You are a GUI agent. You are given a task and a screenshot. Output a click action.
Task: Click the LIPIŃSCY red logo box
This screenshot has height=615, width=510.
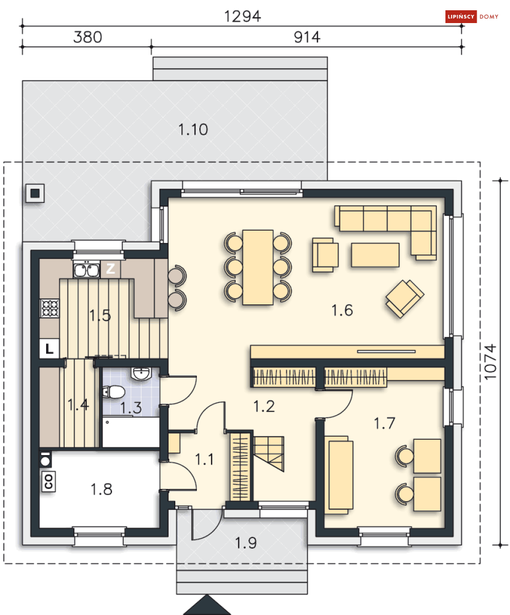[460, 16]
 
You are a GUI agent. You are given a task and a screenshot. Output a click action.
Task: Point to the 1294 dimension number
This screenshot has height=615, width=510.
[242, 16]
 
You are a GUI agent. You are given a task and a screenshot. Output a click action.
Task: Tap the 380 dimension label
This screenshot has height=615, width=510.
[88, 37]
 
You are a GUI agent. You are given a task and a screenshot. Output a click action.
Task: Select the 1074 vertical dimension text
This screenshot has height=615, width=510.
[490, 362]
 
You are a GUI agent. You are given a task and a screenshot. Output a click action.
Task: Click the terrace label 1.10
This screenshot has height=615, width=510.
[193, 130]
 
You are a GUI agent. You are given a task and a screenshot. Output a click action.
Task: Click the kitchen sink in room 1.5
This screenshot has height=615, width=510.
[86, 269]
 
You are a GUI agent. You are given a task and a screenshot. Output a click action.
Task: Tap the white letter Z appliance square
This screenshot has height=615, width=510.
[110, 269]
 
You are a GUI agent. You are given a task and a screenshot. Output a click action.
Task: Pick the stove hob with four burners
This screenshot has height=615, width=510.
[50, 308]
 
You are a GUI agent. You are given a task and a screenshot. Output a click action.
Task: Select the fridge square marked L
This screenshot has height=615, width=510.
[49, 348]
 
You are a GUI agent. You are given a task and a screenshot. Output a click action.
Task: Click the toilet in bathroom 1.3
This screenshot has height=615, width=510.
[114, 392]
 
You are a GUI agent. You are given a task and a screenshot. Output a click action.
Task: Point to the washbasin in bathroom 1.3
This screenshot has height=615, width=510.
[141, 374]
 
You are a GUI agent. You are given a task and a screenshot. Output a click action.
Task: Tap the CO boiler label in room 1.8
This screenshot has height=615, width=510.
[49, 482]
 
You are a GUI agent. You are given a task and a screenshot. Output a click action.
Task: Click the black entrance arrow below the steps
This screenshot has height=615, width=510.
[207, 605]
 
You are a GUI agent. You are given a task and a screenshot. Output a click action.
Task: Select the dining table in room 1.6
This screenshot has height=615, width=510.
[258, 267]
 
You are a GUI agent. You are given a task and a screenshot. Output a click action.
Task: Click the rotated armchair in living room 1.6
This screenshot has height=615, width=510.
[405, 299]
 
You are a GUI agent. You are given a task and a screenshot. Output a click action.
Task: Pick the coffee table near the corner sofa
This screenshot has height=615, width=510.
[375, 255]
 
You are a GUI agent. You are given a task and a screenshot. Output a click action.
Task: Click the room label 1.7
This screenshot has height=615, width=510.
[384, 423]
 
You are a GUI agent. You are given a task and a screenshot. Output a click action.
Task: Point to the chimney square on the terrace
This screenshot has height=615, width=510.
[35, 194]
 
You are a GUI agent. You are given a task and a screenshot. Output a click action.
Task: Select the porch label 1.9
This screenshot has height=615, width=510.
[246, 543]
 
